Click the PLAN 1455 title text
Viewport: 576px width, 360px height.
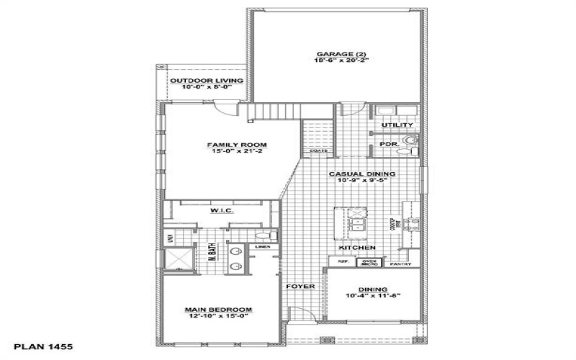[43, 347]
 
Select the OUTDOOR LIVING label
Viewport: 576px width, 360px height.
[206, 80]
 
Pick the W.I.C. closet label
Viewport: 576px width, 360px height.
[220, 211]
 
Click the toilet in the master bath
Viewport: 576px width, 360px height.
[263, 235]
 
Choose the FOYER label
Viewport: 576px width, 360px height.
[300, 287]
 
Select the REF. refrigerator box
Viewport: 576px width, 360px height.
[343, 262]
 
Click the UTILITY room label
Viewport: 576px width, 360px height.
[397, 125]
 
